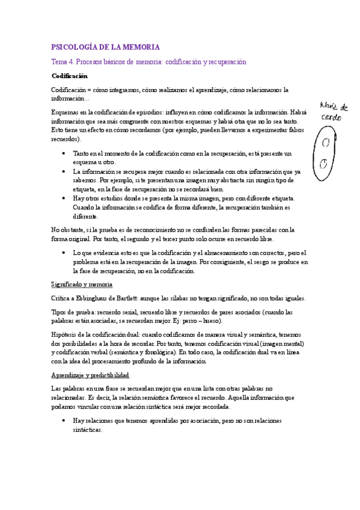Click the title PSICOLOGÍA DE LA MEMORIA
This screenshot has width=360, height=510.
pyautogui.click(x=106, y=47)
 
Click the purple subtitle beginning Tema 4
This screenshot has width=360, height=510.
pyautogui.click(x=148, y=62)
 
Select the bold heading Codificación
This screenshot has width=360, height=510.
pyautogui.click(x=69, y=76)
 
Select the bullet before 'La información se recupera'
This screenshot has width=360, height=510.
pyautogui.click(x=63, y=171)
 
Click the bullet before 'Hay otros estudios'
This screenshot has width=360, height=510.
pyautogui.click(x=63, y=198)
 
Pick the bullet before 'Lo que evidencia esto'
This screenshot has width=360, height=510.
pyautogui.click(x=63, y=253)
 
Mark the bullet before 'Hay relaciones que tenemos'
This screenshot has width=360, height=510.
pyautogui.click(x=63, y=421)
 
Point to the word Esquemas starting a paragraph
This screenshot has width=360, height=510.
pyautogui.click(x=66, y=112)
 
